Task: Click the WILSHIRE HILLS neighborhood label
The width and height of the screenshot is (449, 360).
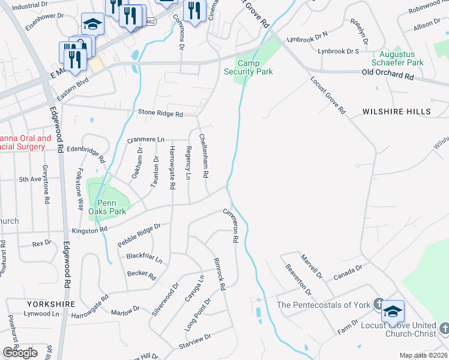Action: tap(397, 112)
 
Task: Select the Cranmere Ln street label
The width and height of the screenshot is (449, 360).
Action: tap(145, 139)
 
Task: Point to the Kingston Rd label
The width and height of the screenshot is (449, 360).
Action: tap(89, 230)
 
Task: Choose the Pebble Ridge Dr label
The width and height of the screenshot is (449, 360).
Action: tap(140, 233)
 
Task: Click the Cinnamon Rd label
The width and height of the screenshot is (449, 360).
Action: tap(231, 226)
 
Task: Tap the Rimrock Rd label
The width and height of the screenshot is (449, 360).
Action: tap(218, 274)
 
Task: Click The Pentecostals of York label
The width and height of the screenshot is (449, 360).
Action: tap(323, 305)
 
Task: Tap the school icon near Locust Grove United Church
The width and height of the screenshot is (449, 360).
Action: tap(393, 311)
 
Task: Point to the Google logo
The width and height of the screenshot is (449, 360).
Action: tap(20, 353)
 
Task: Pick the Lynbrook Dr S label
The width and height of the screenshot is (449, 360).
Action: tap(338, 52)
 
